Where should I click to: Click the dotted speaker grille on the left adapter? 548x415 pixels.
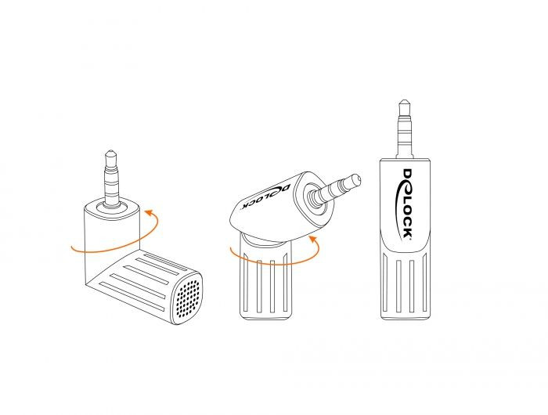tap(188, 298)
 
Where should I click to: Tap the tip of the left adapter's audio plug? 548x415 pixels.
tap(110, 151)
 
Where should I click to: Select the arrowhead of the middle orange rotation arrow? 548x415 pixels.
tap(313, 239)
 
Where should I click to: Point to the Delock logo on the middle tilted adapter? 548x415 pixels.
tap(265, 197)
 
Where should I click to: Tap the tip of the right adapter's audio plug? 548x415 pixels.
tap(404, 101)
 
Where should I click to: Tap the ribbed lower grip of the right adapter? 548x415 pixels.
tap(405, 285)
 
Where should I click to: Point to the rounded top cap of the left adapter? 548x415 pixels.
tap(112, 208)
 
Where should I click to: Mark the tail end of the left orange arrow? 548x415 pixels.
tap(72, 247)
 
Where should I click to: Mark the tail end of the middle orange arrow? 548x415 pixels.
tap(231, 249)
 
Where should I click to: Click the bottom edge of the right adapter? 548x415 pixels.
tap(406, 317)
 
